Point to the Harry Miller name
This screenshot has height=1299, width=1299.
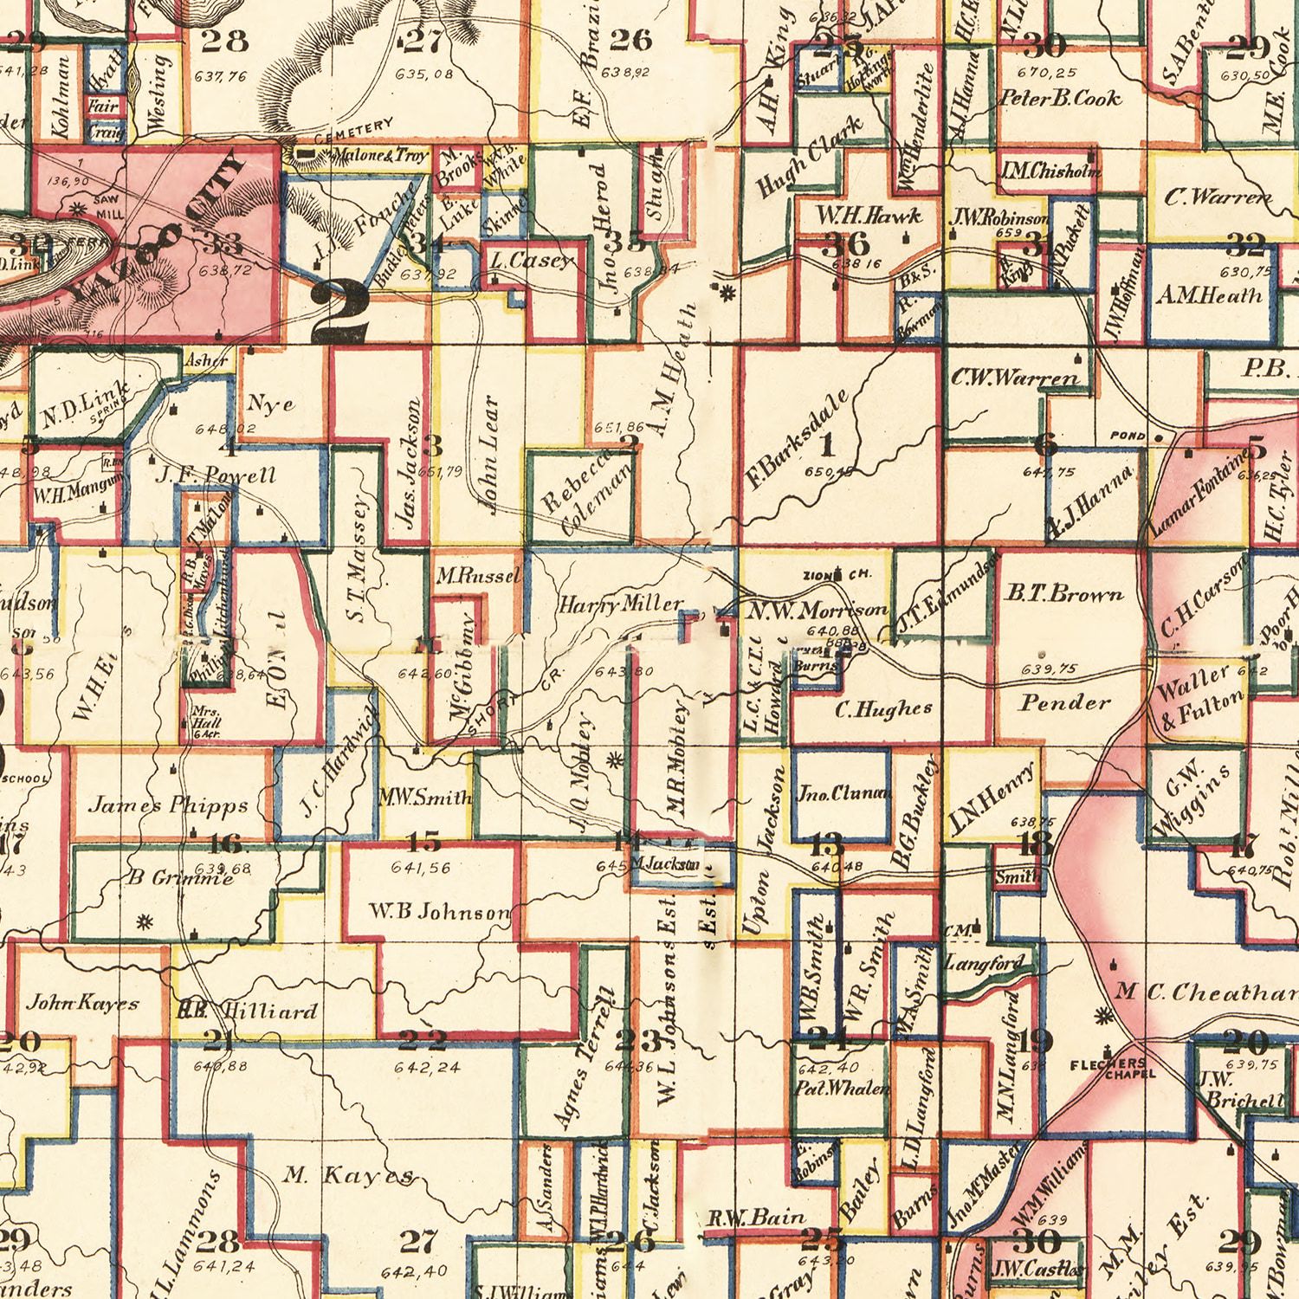point(620,604)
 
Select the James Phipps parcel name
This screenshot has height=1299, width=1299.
point(168,805)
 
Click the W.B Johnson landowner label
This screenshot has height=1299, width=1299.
point(439,912)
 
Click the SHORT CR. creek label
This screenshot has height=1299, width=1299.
point(511,701)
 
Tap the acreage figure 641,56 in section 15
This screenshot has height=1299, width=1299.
point(421,868)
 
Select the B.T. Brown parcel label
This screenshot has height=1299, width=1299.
point(1063,595)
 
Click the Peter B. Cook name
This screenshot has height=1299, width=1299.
point(1060,98)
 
